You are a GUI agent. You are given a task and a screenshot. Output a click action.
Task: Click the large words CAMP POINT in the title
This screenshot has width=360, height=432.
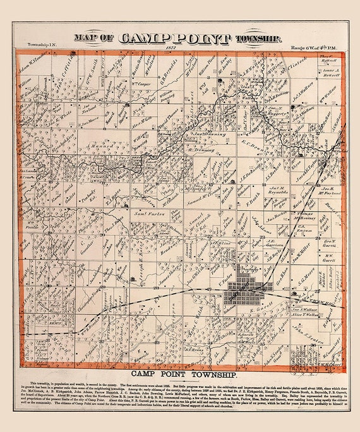point(174,39)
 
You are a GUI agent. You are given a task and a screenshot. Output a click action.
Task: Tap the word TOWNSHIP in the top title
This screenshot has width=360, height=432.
point(256,39)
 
